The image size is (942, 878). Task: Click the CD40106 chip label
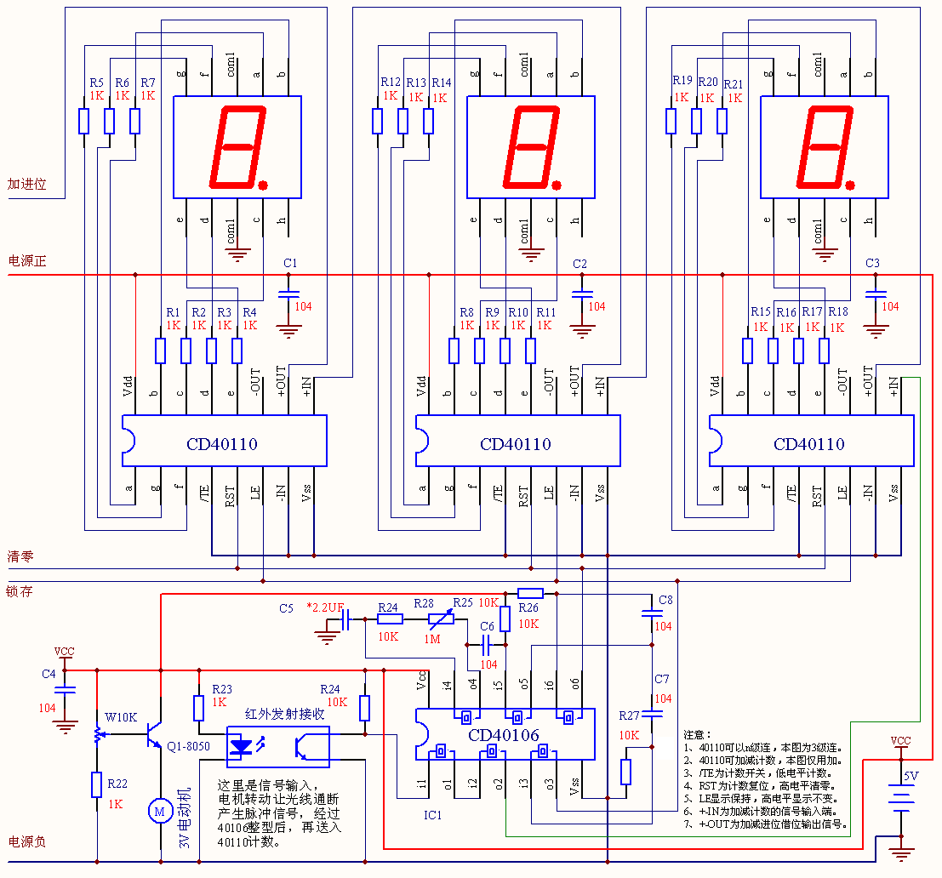[504, 733]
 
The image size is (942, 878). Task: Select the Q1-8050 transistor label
[189, 746]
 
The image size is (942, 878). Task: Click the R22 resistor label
[117, 783]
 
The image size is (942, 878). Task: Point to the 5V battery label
[911, 776]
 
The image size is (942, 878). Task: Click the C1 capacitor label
[290, 263]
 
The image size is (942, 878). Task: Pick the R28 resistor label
[424, 603]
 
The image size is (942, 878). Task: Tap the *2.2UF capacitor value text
[325, 607]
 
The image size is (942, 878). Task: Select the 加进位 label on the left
[26, 184]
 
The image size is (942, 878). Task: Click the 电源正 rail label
[26, 260]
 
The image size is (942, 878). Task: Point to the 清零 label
[20, 557]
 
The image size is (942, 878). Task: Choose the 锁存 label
[20, 590]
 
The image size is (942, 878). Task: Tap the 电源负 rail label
[26, 841]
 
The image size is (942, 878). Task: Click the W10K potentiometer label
[121, 716]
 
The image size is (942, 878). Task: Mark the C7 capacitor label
[662, 679]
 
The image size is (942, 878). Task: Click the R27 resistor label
[629, 716]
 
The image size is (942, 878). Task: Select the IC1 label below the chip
[432, 814]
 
